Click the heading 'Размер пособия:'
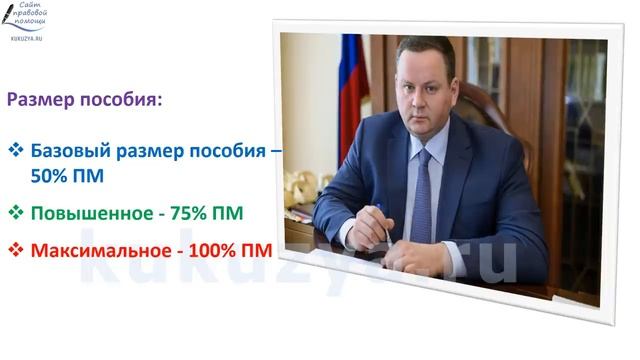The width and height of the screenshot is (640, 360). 84,101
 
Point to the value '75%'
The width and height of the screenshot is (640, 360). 187,213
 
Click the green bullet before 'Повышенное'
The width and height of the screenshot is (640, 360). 15,213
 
